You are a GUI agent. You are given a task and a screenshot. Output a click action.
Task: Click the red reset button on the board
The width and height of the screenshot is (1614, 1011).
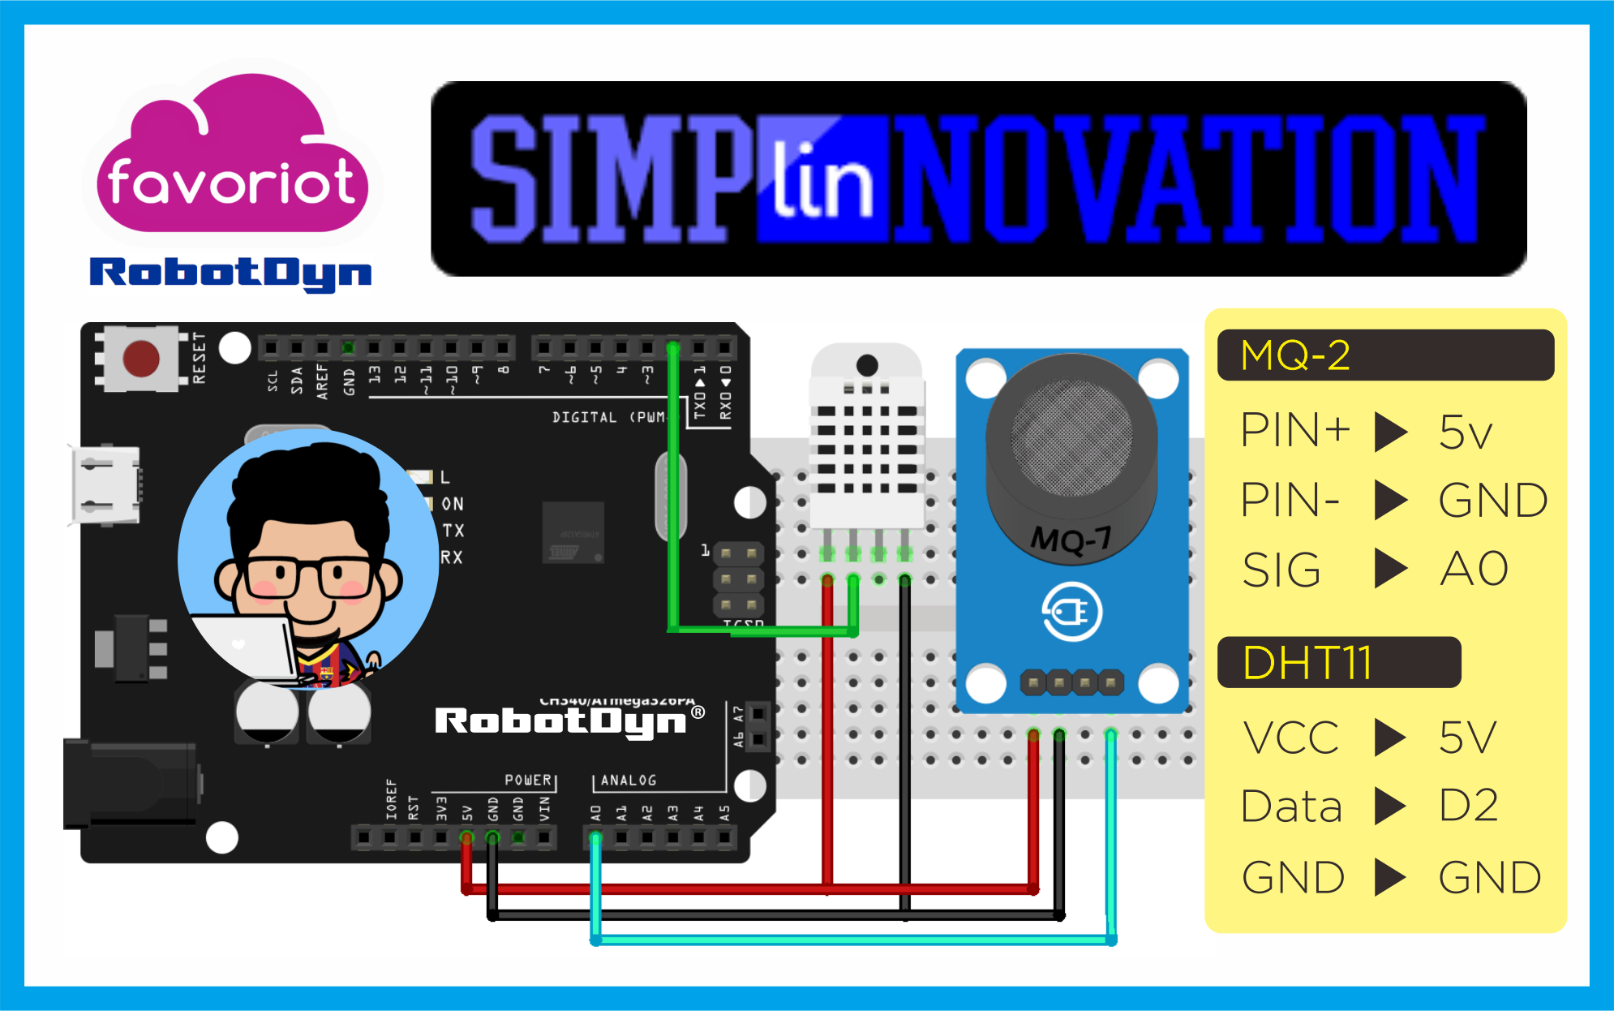140,358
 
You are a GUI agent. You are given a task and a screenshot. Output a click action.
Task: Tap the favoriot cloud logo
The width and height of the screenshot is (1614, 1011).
232,159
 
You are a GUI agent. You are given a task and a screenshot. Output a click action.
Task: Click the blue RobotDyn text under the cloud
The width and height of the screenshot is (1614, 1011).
230,273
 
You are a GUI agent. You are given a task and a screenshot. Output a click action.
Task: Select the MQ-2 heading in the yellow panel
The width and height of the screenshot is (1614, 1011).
1295,355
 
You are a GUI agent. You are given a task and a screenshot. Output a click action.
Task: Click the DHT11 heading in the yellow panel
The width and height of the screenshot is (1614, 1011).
1307,663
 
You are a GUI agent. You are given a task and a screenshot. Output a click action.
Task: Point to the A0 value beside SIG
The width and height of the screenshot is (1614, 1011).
1474,569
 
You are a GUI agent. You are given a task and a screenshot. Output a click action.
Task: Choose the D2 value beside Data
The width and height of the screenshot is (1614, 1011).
1468,806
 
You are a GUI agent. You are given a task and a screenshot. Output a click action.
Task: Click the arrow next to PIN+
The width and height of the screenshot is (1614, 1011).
1390,431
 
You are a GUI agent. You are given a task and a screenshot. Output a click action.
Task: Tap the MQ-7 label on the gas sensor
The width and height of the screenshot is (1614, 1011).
1071,539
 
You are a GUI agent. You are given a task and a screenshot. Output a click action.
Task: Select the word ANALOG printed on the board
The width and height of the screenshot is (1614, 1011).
628,780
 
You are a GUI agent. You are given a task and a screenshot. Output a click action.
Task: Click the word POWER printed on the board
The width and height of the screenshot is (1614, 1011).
528,780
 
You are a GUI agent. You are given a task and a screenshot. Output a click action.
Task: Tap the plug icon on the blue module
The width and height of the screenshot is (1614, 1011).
1071,613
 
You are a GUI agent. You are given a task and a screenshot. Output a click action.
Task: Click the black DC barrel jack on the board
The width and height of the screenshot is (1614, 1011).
130,783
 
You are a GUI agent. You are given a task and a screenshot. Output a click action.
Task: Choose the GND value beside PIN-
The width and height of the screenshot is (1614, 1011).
1492,500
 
